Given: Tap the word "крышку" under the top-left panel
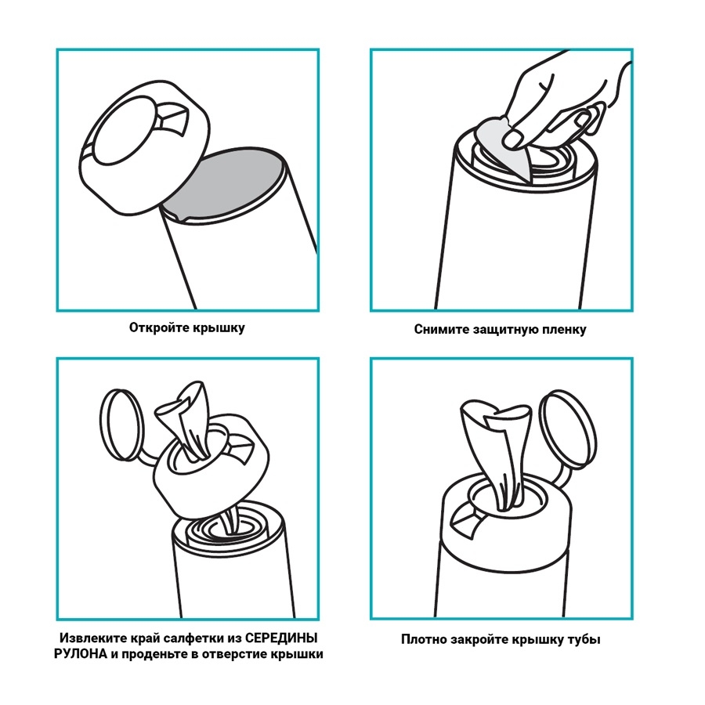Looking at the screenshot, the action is [x=219, y=327].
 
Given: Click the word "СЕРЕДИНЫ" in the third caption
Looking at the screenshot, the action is [x=281, y=638].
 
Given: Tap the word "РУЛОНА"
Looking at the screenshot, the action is [x=81, y=654].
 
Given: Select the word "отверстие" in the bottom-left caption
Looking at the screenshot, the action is [x=232, y=654].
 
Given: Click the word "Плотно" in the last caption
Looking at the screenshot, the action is [x=425, y=639].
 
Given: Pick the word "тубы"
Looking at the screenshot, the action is [x=584, y=640].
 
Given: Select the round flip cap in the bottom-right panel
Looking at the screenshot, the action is [x=568, y=428].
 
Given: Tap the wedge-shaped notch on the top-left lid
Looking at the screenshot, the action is [x=173, y=116].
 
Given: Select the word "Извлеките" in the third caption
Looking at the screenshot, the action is [x=93, y=638].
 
